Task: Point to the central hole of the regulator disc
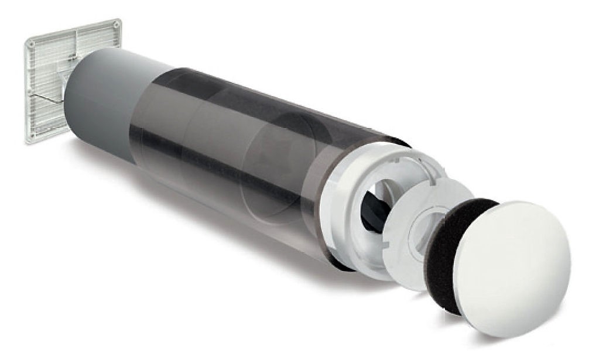pyautogui.click(x=423, y=234)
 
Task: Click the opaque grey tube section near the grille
pyautogui.click(x=100, y=100)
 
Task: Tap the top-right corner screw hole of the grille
pyautogui.click(x=117, y=26)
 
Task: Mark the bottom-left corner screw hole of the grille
pyautogui.click(x=30, y=138)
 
